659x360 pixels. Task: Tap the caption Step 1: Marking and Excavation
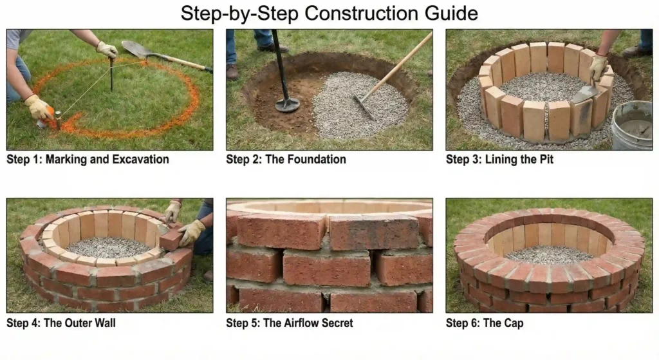88,159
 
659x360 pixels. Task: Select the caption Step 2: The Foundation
286,159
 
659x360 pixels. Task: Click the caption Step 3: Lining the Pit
499,159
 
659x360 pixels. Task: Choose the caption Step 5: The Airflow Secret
290,323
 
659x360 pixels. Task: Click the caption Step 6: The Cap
485,323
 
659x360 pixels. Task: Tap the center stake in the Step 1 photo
111,74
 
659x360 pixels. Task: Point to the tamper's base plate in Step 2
287,105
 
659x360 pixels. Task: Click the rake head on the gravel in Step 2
364,107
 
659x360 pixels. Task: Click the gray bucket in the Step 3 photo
631,125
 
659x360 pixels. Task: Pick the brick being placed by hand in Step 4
171,240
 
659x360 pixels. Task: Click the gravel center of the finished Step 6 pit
548,254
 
